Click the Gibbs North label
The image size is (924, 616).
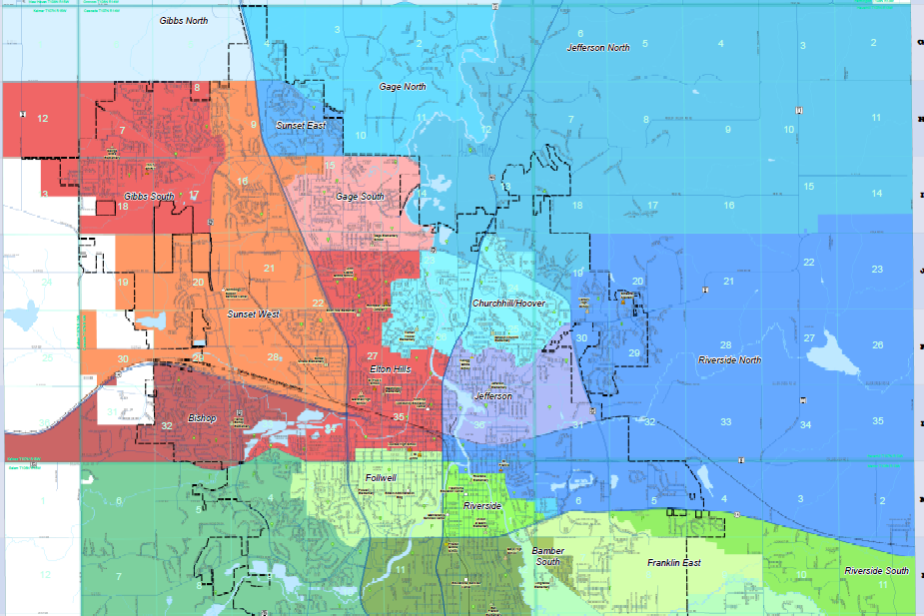(x=185, y=20)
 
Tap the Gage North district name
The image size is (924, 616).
(x=403, y=87)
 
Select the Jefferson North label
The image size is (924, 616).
(x=598, y=48)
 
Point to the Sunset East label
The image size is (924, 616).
(x=302, y=127)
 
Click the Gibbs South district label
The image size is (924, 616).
(x=150, y=197)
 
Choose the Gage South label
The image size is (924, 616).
(x=360, y=197)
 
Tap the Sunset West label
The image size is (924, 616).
(x=254, y=313)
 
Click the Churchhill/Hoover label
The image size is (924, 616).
(x=508, y=302)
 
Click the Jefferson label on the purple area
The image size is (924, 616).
(x=492, y=396)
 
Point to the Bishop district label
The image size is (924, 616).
(x=202, y=418)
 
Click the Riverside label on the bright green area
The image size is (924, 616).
(x=481, y=506)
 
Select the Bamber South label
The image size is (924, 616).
(x=546, y=556)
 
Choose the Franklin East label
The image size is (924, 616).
(x=673, y=563)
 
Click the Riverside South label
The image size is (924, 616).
(x=876, y=571)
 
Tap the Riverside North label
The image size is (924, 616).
(x=729, y=360)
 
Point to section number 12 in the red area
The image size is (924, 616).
(x=42, y=119)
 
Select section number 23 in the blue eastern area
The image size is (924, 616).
(x=877, y=270)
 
